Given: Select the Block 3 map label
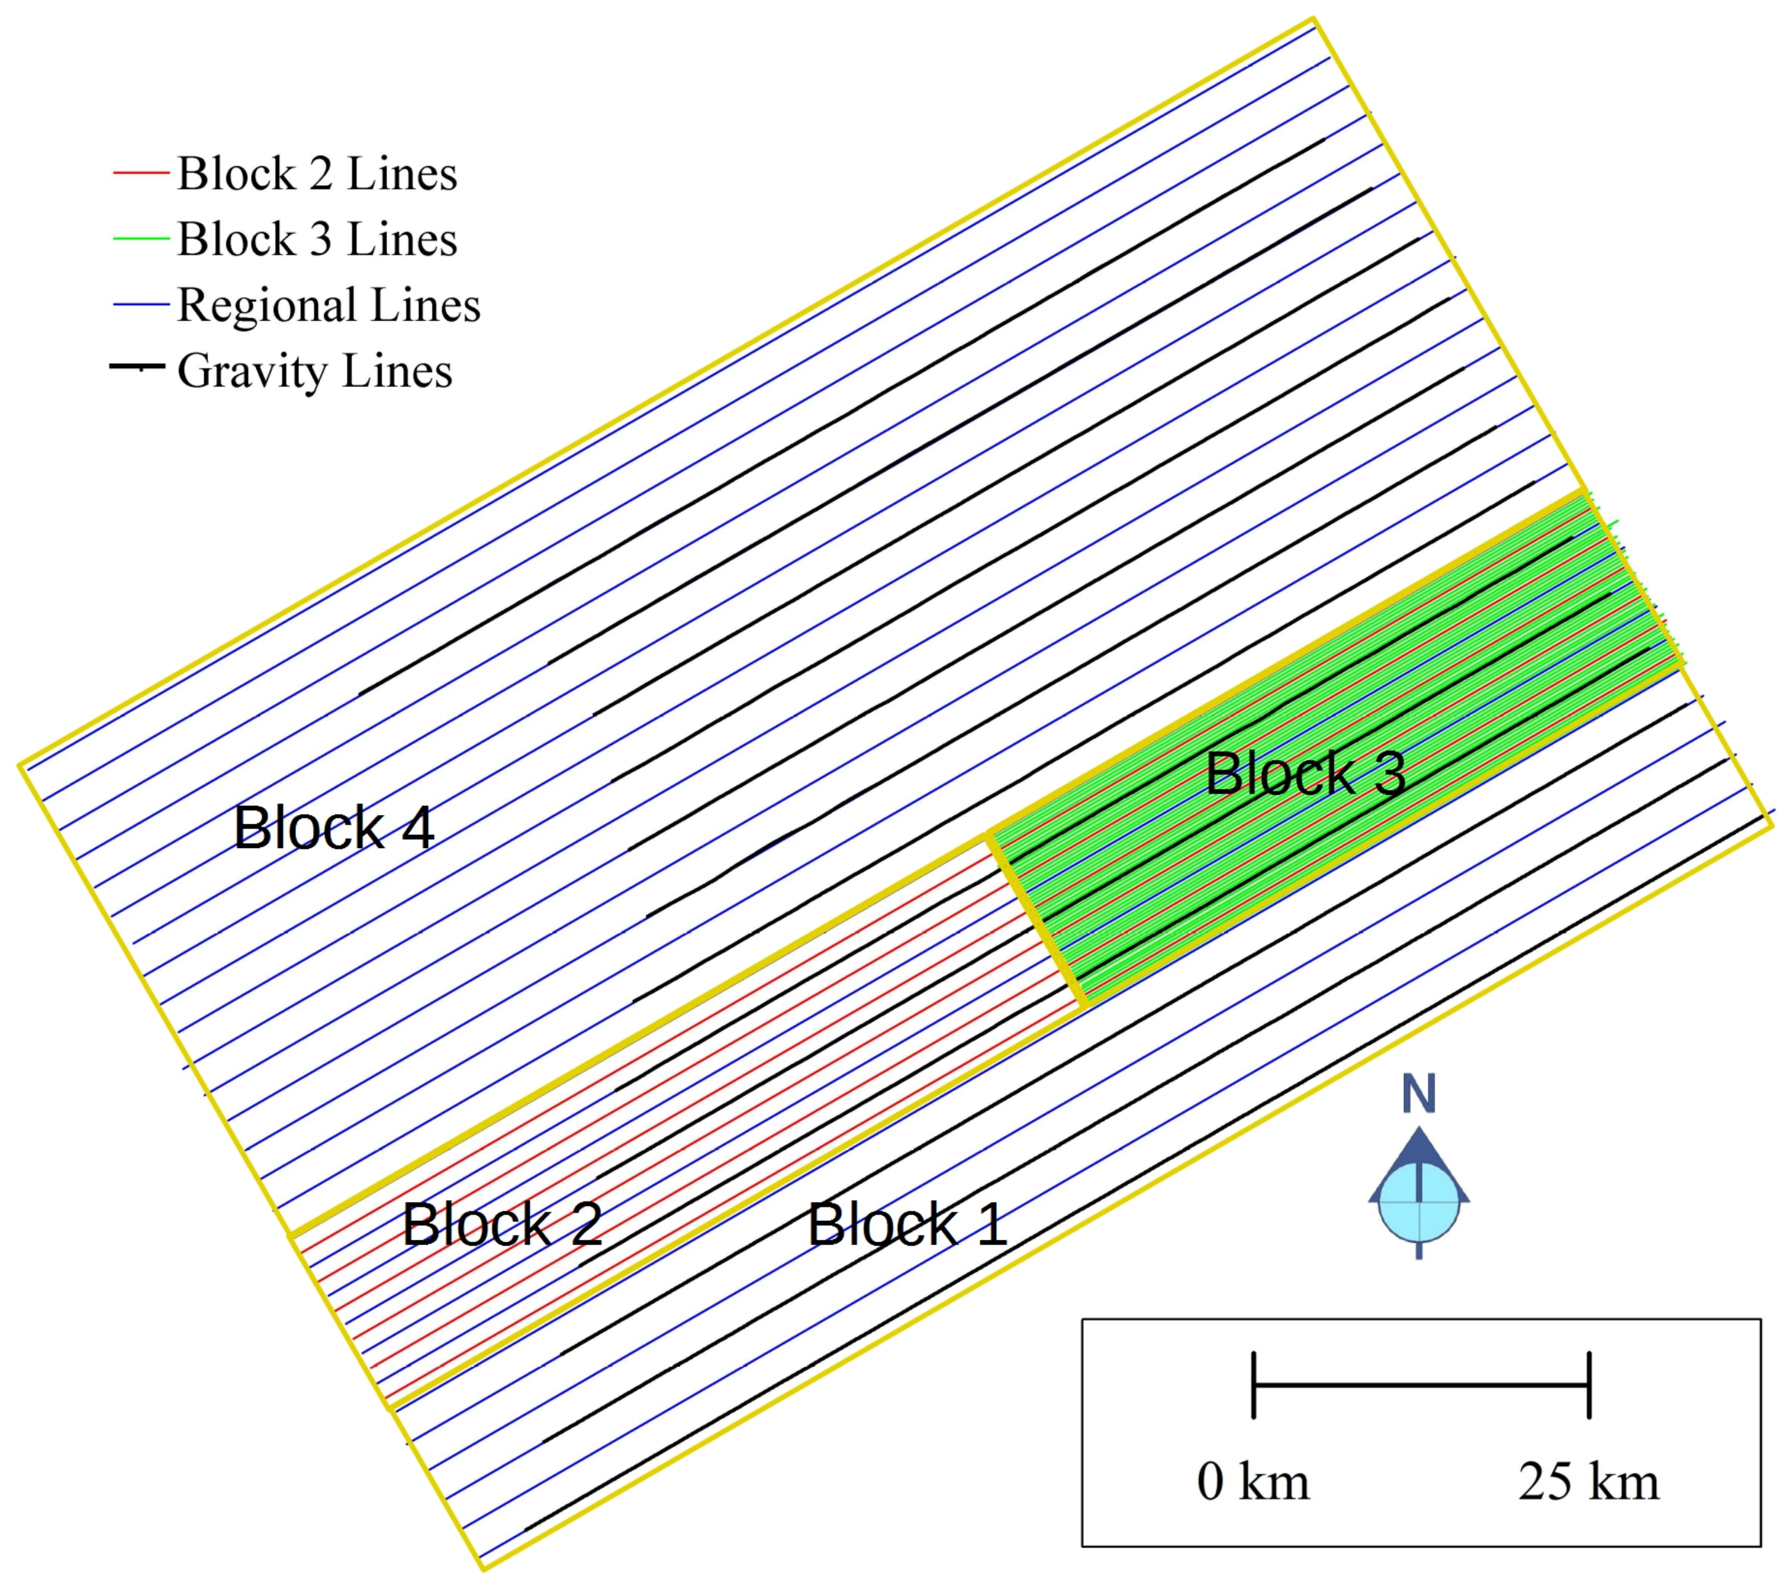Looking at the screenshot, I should click(x=1305, y=773).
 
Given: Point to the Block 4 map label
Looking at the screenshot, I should click(x=334, y=827).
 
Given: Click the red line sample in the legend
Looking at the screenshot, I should click(x=140, y=173).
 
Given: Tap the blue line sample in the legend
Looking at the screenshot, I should click(x=140, y=305).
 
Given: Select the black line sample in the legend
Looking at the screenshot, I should click(x=137, y=366).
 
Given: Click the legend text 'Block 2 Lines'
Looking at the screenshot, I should click(x=317, y=173).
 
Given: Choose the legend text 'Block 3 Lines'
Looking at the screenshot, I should click(x=317, y=239).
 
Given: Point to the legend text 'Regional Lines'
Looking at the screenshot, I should click(x=329, y=305).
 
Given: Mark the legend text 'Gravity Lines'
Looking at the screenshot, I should click(x=314, y=371).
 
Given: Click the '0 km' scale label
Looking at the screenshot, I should click(x=1253, y=1482).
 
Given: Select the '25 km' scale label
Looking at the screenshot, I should click(x=1589, y=1482).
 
